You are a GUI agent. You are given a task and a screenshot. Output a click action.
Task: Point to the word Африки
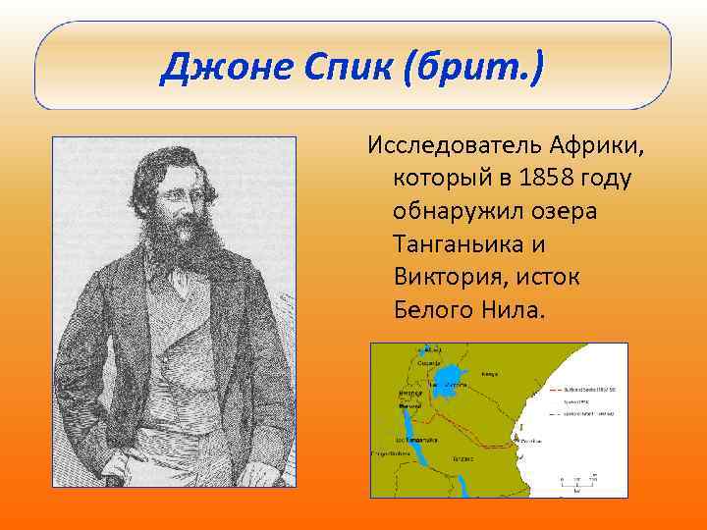point(600,147)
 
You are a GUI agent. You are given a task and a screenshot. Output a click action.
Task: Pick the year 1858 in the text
point(535,180)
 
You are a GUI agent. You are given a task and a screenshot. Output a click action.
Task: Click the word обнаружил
point(455,212)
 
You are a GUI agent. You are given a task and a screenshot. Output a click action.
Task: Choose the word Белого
point(429,310)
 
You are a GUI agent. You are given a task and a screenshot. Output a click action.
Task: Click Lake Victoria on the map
point(449,379)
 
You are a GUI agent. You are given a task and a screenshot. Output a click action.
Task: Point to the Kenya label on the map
point(490,374)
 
